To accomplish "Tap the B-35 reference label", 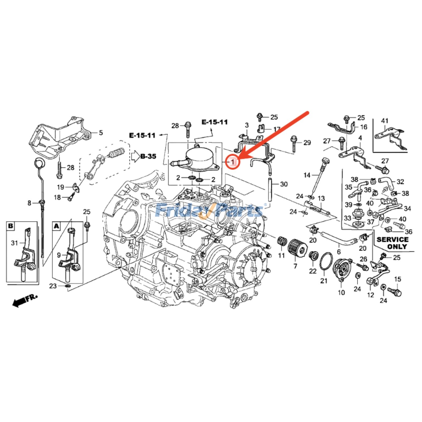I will tap(148, 156).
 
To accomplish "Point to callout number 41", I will tap(385, 121).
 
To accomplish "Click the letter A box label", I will tap(57, 226).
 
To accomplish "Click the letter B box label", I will tap(11, 226).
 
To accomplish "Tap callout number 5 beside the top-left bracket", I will tap(101, 133).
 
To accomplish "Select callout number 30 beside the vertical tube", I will tap(284, 184).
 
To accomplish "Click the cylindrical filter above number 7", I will tap(296, 249).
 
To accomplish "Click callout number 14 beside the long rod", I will tap(307, 175).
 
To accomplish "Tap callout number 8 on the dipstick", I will tap(29, 203).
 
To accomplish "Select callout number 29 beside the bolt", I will tap(307, 143).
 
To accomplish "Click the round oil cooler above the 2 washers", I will tap(199, 157).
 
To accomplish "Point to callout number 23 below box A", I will tap(53, 286).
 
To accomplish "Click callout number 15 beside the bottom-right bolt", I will tap(397, 279).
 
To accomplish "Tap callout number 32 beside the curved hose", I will tap(400, 182).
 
